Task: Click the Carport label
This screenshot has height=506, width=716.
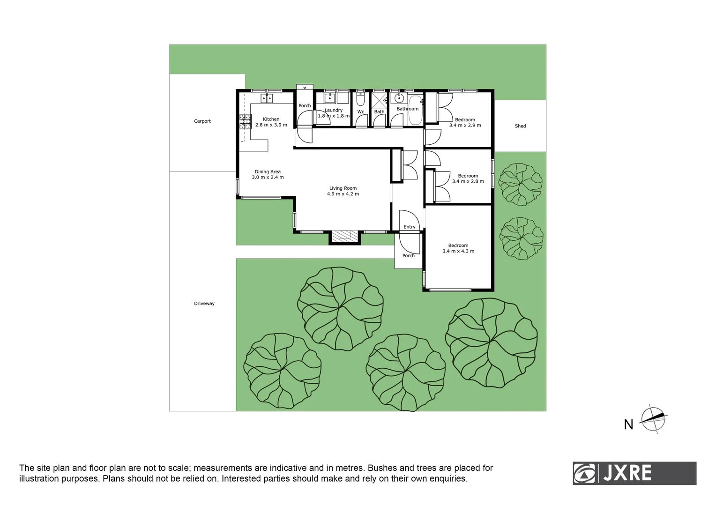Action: [x=202, y=121]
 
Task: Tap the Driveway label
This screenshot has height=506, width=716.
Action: [x=204, y=304]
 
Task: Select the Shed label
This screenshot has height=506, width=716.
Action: [x=520, y=126]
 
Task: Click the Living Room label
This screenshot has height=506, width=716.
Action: [x=343, y=188]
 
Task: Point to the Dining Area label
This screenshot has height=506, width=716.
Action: [x=268, y=172]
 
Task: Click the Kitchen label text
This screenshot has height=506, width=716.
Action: [x=271, y=119]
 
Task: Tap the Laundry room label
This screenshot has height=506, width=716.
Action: [x=334, y=111]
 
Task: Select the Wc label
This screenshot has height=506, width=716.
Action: [x=361, y=112]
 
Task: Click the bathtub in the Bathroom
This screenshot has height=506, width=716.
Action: [x=415, y=110]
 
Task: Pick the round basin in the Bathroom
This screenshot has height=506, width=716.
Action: [x=399, y=98]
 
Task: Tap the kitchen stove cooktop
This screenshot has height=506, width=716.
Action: [x=245, y=122]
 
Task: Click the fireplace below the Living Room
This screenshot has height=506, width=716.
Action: [x=345, y=236]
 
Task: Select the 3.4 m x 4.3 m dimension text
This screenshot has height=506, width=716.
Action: [x=458, y=252]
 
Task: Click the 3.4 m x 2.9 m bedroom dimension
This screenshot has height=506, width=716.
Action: [x=465, y=126]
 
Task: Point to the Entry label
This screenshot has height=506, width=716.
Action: [x=410, y=227]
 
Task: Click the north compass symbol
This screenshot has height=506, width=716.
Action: [x=653, y=418]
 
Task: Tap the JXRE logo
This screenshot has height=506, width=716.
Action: [x=634, y=473]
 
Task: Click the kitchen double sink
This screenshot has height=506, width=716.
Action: [x=267, y=98]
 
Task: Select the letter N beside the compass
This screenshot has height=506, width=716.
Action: [x=628, y=425]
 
